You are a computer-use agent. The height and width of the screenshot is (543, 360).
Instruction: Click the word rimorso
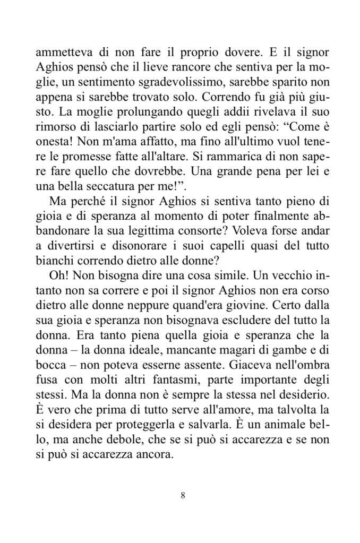coord(54,129)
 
